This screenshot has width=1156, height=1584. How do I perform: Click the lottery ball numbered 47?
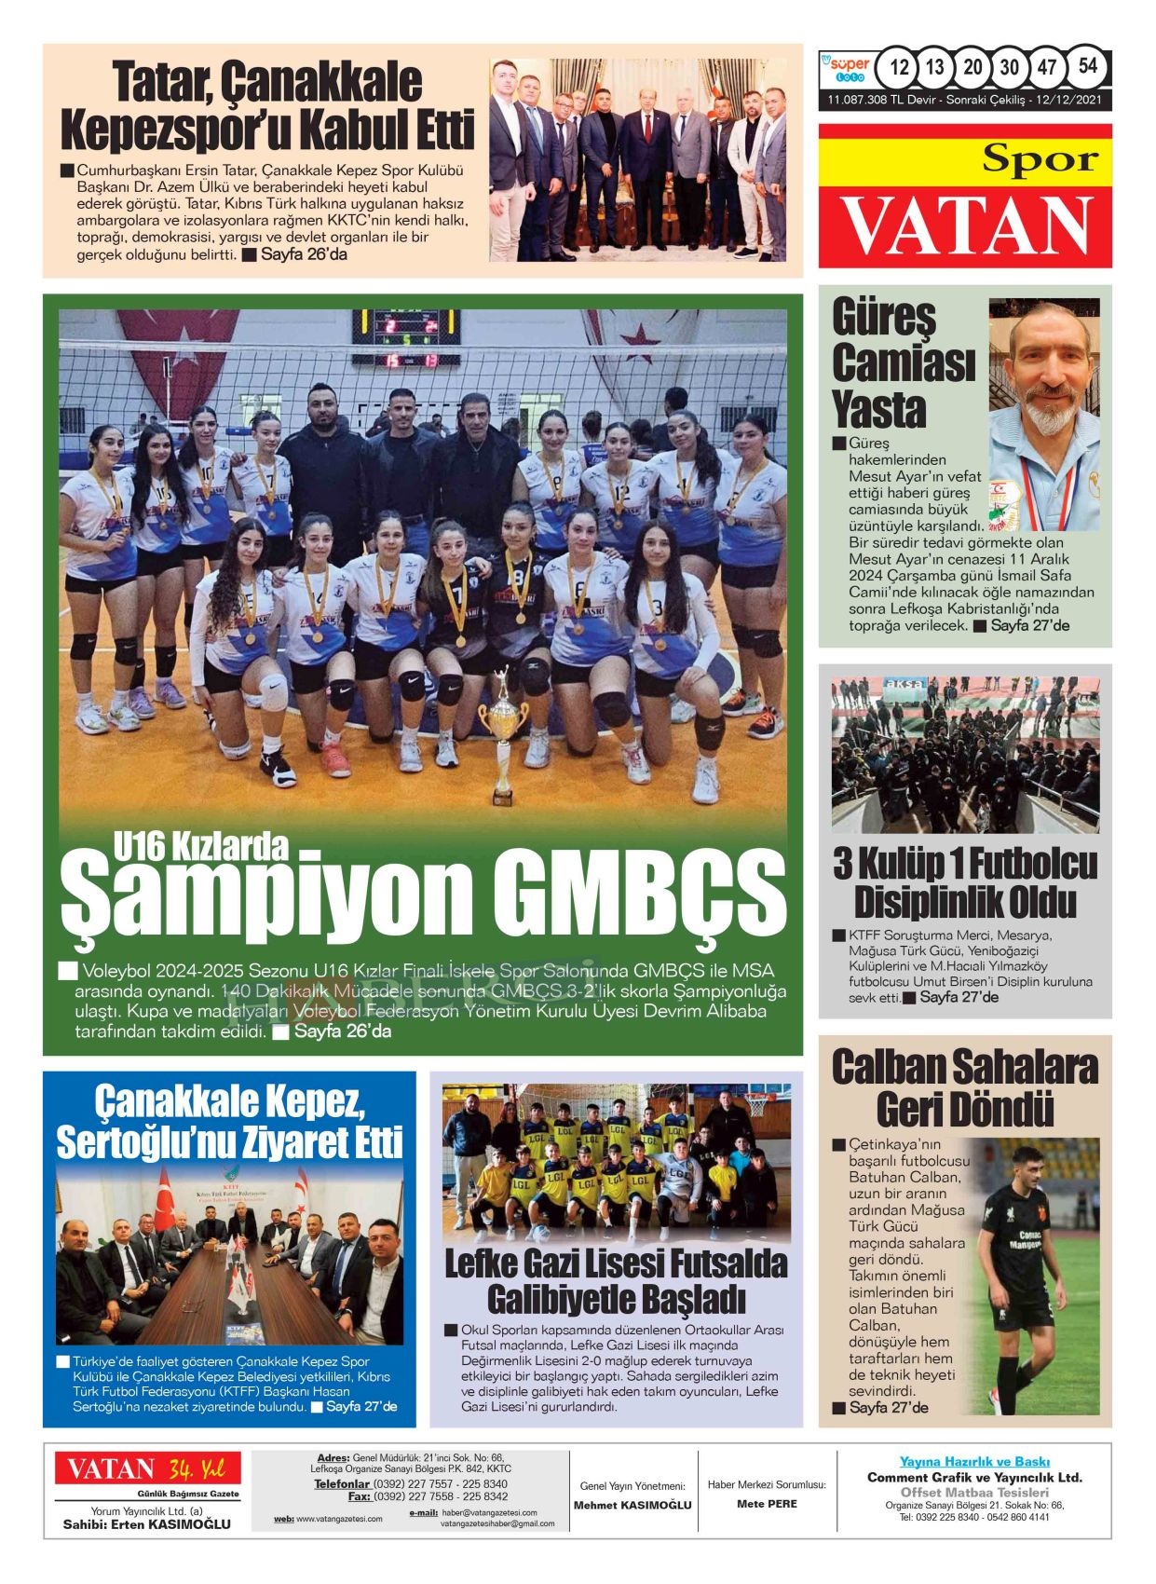pyautogui.click(x=1047, y=67)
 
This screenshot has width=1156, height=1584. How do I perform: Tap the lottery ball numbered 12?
pyautogui.click(x=899, y=67)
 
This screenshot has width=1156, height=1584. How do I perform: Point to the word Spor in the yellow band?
pyautogui.click(x=1040, y=159)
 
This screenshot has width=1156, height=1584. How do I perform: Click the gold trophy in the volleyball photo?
pyautogui.click(x=502, y=736)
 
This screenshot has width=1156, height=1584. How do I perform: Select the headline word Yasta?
pyautogui.click(x=878, y=408)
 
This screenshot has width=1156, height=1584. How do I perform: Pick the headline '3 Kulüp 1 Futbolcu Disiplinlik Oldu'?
pyautogui.click(x=965, y=882)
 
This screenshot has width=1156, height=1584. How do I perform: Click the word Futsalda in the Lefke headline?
pyautogui.click(x=729, y=1263)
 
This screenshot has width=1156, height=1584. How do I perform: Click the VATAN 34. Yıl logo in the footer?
pyautogui.click(x=147, y=1469)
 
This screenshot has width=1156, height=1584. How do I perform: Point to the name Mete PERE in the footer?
pyautogui.click(x=767, y=1503)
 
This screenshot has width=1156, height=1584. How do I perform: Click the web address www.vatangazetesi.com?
pyautogui.click(x=339, y=1519)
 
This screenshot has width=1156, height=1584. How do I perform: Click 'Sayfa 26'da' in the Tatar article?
pyautogui.click(x=304, y=253)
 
